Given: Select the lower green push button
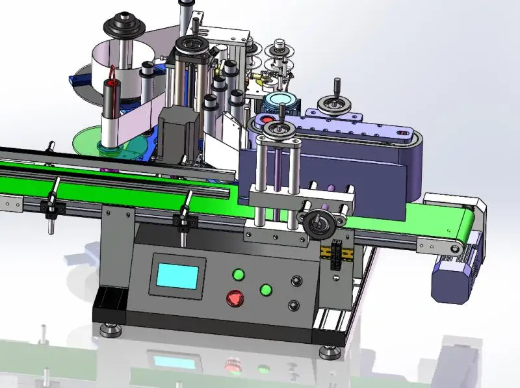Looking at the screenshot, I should [266, 290].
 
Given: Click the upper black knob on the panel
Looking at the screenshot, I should [298, 281].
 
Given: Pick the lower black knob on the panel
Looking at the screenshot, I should [296, 305].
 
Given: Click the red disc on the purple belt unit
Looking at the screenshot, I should [266, 121].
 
